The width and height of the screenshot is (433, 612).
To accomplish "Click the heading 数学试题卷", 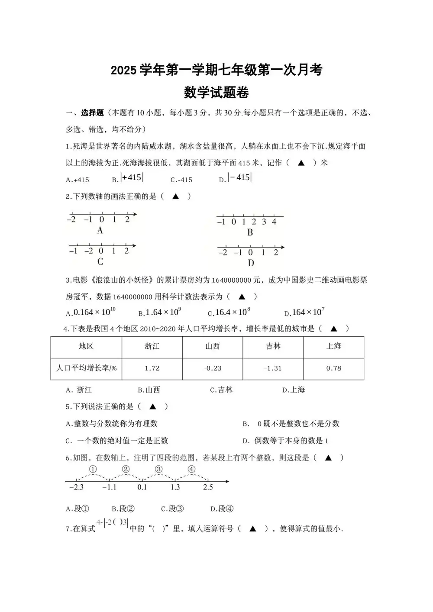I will (216, 93).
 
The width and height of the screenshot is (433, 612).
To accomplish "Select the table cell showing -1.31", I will (273, 368).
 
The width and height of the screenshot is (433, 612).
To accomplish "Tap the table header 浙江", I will (152, 346).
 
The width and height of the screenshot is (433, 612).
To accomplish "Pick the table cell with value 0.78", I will (333, 368).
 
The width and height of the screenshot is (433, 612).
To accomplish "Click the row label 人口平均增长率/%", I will (86, 368).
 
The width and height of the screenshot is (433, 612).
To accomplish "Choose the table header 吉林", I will (273, 346).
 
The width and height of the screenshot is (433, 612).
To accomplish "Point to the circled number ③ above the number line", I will (158, 469).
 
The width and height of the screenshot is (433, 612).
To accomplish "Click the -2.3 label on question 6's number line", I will (76, 487).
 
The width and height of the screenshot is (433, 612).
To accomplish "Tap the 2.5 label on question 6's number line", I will (208, 487).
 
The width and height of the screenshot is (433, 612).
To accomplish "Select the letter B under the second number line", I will (250, 232).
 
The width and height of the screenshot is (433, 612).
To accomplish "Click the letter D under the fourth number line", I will (251, 263).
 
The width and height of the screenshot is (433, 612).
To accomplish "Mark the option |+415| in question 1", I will (132, 177).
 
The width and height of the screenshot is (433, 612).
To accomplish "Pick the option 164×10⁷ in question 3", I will (308, 312).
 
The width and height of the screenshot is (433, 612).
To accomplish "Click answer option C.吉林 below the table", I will (221, 390).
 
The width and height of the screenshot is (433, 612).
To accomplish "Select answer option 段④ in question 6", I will (222, 509).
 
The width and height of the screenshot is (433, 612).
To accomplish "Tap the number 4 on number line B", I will (274, 222).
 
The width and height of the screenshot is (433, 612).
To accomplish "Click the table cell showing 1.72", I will (152, 368).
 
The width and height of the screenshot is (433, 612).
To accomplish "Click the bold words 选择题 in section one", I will (92, 113).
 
